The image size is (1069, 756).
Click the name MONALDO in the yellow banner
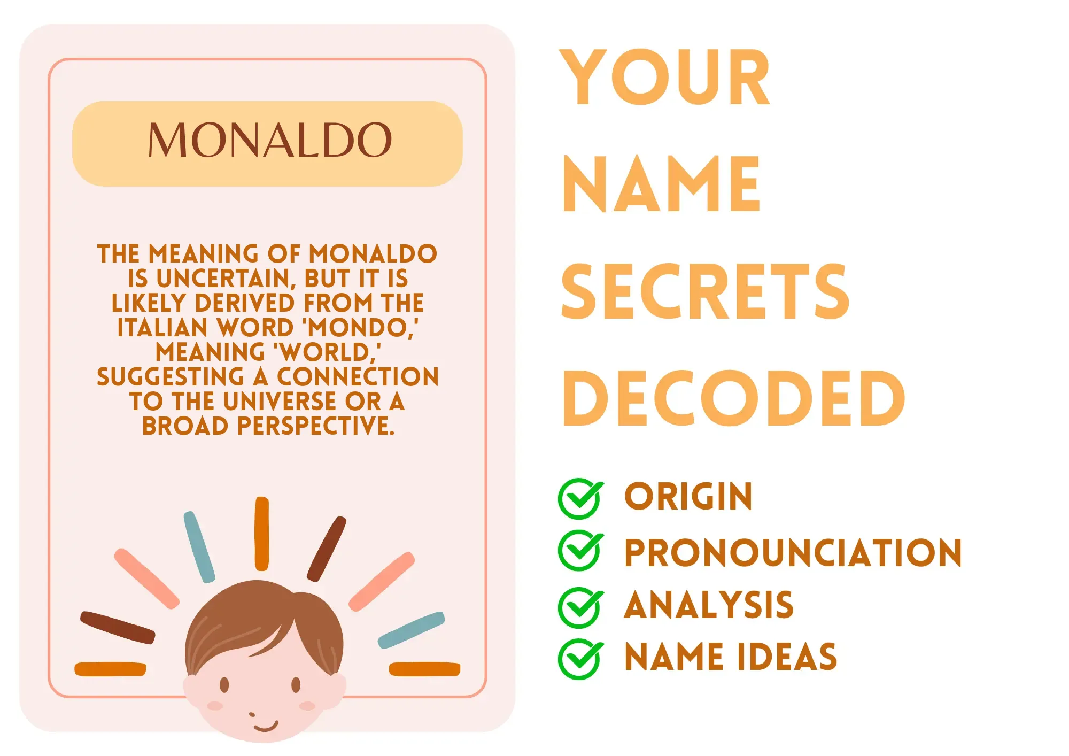click(x=270, y=140)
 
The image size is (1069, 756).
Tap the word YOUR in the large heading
click(x=665, y=78)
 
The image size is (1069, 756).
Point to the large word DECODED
click(x=734, y=399)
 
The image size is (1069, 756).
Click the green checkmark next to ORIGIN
click(x=580, y=498)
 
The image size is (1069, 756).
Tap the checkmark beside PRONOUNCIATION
click(x=580, y=551)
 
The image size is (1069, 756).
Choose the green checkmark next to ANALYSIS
click(x=580, y=607)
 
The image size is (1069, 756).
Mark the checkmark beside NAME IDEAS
click(x=580, y=659)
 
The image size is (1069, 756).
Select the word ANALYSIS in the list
click(x=709, y=605)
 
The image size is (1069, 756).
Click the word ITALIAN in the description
click(x=162, y=328)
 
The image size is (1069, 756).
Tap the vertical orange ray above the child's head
click(x=262, y=534)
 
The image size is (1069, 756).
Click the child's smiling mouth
click(x=266, y=726)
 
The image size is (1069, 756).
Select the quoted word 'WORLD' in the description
click(x=327, y=352)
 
